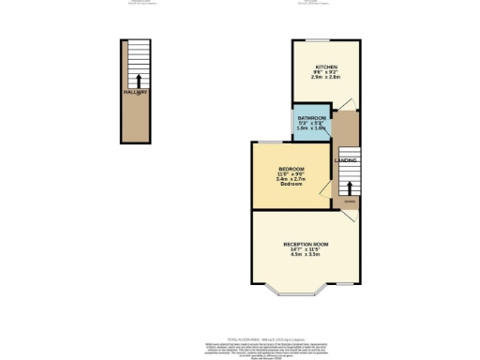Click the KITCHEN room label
325,67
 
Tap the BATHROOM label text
312,117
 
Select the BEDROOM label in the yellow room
290,169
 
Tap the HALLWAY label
136,93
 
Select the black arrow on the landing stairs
349,185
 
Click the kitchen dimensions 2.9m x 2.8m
325,79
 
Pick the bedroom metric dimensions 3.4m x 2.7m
290,180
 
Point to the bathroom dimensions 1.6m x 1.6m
312,128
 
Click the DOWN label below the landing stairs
348,202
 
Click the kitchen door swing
346,104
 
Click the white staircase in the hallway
137,64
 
